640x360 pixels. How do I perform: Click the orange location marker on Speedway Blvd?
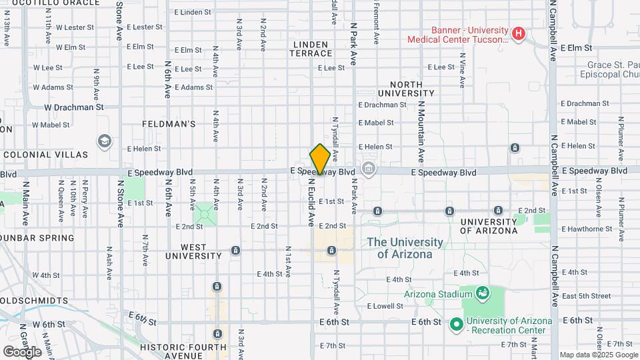tap(320, 159)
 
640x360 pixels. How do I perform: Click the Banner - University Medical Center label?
tap(460, 35)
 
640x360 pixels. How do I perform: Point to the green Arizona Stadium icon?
tap(483, 293)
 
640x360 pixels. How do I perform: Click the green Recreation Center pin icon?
tap(456, 325)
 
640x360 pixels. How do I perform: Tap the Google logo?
tap(22, 351)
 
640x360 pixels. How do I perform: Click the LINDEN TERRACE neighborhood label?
tap(311, 49)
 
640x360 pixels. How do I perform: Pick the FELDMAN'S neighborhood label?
tap(169, 124)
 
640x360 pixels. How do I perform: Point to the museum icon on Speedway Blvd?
tap(368, 169)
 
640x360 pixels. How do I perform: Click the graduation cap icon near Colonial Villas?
tap(105, 141)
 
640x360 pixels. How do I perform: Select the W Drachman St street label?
tap(74, 107)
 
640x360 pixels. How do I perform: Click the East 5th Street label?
tap(586, 295)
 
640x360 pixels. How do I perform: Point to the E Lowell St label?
tap(385, 306)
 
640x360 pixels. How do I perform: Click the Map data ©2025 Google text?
tap(598, 355)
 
